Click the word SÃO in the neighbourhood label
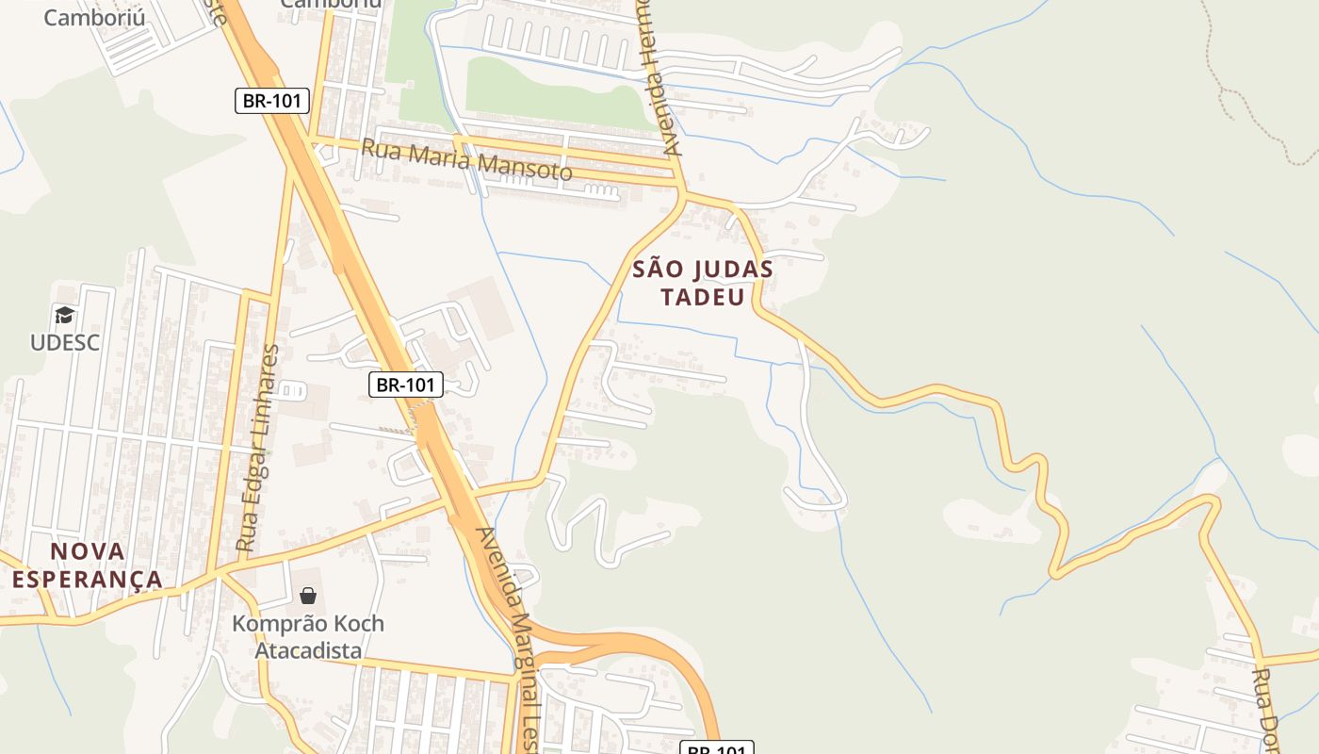pyautogui.click(x=656, y=270)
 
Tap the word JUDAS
pyautogui.click(x=732, y=270)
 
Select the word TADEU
pyautogui.click(x=702, y=297)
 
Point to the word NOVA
pyautogui.click(x=87, y=551)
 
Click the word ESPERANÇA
pyautogui.click(x=87, y=579)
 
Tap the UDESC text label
pyautogui.click(x=64, y=341)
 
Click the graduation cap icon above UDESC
pyautogui.click(x=64, y=315)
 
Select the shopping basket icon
pyautogui.click(x=308, y=595)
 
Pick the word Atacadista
pyautogui.click(x=308, y=650)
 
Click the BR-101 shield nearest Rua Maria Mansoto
pyautogui.click(x=271, y=101)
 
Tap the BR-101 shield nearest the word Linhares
pyautogui.click(x=405, y=385)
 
